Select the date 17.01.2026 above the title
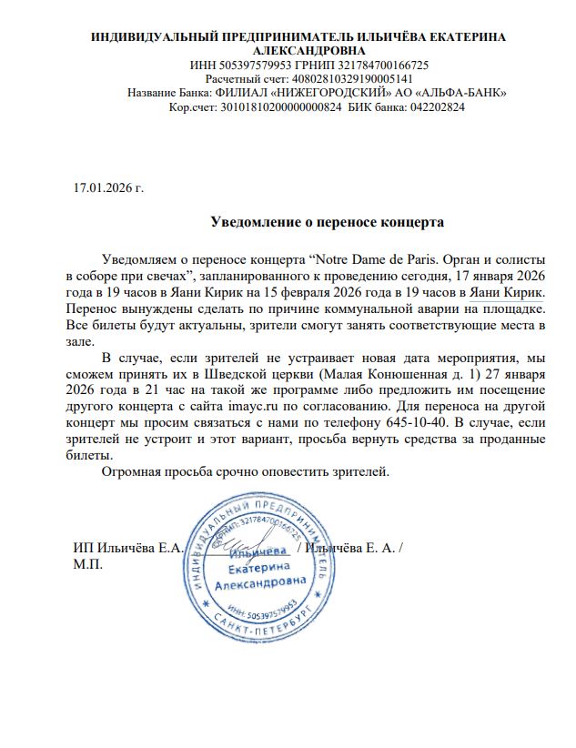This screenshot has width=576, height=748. point(102,188)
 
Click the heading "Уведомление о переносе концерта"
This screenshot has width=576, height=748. point(327,221)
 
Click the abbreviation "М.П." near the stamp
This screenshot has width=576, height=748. point(87,564)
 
